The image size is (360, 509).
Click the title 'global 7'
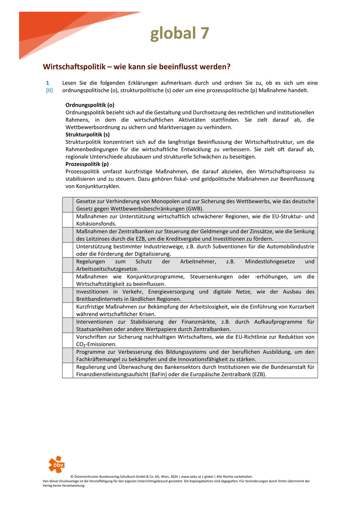180,34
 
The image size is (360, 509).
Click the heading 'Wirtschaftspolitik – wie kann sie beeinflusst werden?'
137,66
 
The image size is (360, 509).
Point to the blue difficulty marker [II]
49,90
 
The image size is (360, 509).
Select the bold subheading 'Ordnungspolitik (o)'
90,105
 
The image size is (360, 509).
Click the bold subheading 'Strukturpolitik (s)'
87,135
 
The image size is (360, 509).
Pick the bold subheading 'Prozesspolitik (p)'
87,164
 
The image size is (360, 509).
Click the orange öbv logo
56,465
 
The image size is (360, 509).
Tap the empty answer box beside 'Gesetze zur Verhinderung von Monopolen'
68,205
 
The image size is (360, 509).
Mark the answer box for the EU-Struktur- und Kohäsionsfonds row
68,220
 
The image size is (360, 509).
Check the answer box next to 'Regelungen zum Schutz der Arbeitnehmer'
68,265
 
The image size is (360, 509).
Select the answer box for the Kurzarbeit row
68,310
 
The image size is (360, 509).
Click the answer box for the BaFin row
68,370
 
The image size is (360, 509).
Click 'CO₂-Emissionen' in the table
96,344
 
